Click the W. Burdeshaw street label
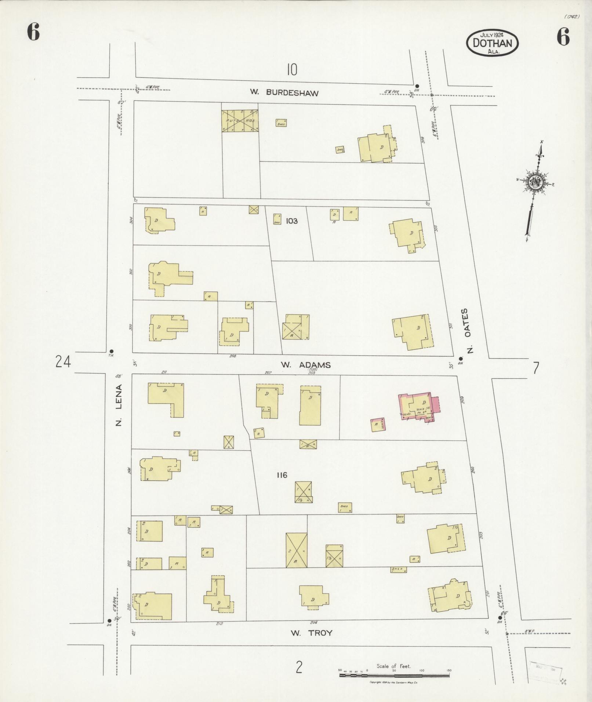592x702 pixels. [x=284, y=92]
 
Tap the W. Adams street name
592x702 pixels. [x=306, y=365]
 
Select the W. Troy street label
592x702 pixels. [x=311, y=633]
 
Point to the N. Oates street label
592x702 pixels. [x=471, y=330]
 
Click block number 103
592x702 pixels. [x=291, y=221]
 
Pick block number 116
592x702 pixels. [x=282, y=475]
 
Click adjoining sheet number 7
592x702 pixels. [x=536, y=367]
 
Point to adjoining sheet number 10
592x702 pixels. [x=292, y=69]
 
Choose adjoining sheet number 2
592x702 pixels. [x=299, y=667]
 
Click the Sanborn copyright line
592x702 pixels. [x=394, y=683]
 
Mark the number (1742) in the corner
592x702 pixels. [x=572, y=17]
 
